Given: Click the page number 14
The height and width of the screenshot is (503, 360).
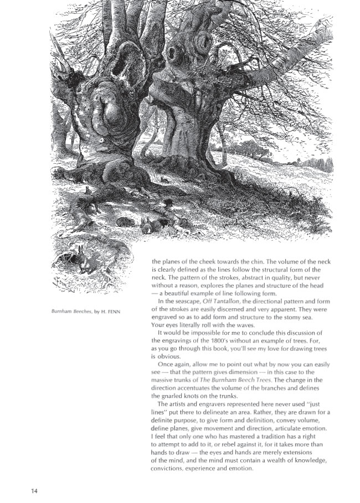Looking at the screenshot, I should pyautogui.click(x=34, y=490).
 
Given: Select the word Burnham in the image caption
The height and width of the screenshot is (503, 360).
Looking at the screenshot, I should pyautogui.click(x=55, y=311).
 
